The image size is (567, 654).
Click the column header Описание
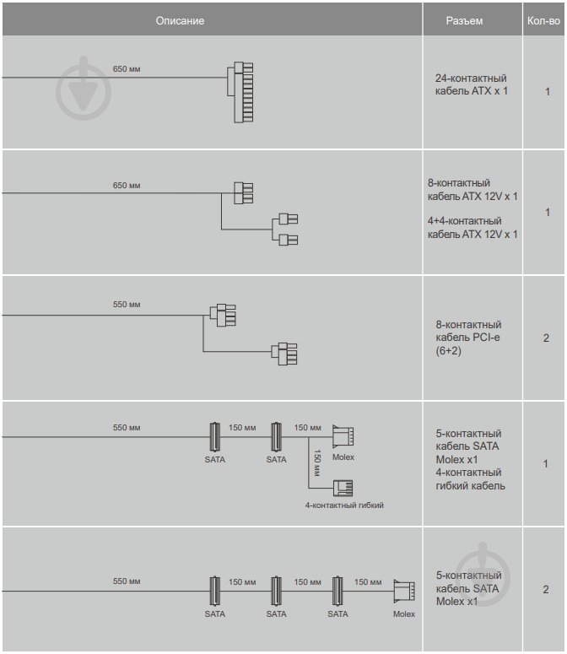(x=180, y=20)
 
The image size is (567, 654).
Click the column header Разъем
(x=465, y=20)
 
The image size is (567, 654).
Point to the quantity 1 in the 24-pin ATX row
(x=547, y=91)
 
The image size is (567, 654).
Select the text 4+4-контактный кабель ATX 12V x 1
(x=472, y=228)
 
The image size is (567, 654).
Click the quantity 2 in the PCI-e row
(x=547, y=338)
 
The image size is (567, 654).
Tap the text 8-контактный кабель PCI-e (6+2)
(x=468, y=338)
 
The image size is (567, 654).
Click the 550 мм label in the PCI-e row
(x=127, y=305)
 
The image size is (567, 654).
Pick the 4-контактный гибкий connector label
(x=344, y=505)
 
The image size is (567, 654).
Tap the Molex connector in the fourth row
(x=343, y=436)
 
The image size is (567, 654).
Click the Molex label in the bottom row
(x=404, y=613)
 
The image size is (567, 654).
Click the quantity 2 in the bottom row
(x=547, y=589)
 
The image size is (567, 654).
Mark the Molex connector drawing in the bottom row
(x=403, y=590)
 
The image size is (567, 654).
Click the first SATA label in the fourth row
(x=215, y=459)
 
